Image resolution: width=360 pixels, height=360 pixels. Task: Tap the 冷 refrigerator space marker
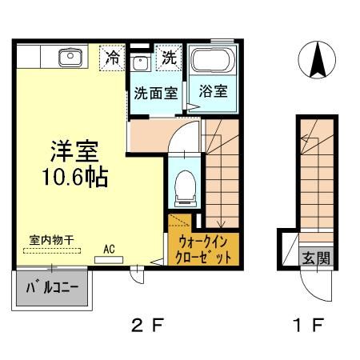113,58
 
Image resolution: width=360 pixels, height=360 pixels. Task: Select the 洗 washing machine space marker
170,58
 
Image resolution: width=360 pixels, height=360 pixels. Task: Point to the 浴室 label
212,90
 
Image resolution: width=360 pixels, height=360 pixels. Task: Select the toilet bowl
183,186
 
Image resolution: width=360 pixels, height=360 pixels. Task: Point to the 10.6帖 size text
73,174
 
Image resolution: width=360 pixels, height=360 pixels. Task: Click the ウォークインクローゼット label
203,249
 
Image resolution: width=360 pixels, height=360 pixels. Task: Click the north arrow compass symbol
318,60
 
